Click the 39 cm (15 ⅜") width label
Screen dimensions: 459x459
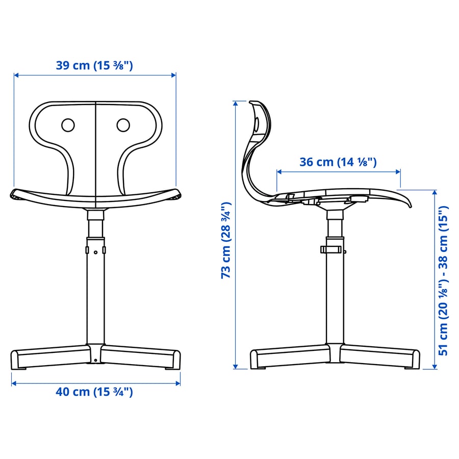point(94,65)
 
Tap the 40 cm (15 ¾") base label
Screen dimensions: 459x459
point(94,392)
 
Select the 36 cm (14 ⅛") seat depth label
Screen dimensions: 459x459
point(338,162)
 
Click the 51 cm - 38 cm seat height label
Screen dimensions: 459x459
point(444,280)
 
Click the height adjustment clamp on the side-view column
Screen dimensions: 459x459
point(330,249)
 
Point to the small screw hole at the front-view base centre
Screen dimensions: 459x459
point(95,361)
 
